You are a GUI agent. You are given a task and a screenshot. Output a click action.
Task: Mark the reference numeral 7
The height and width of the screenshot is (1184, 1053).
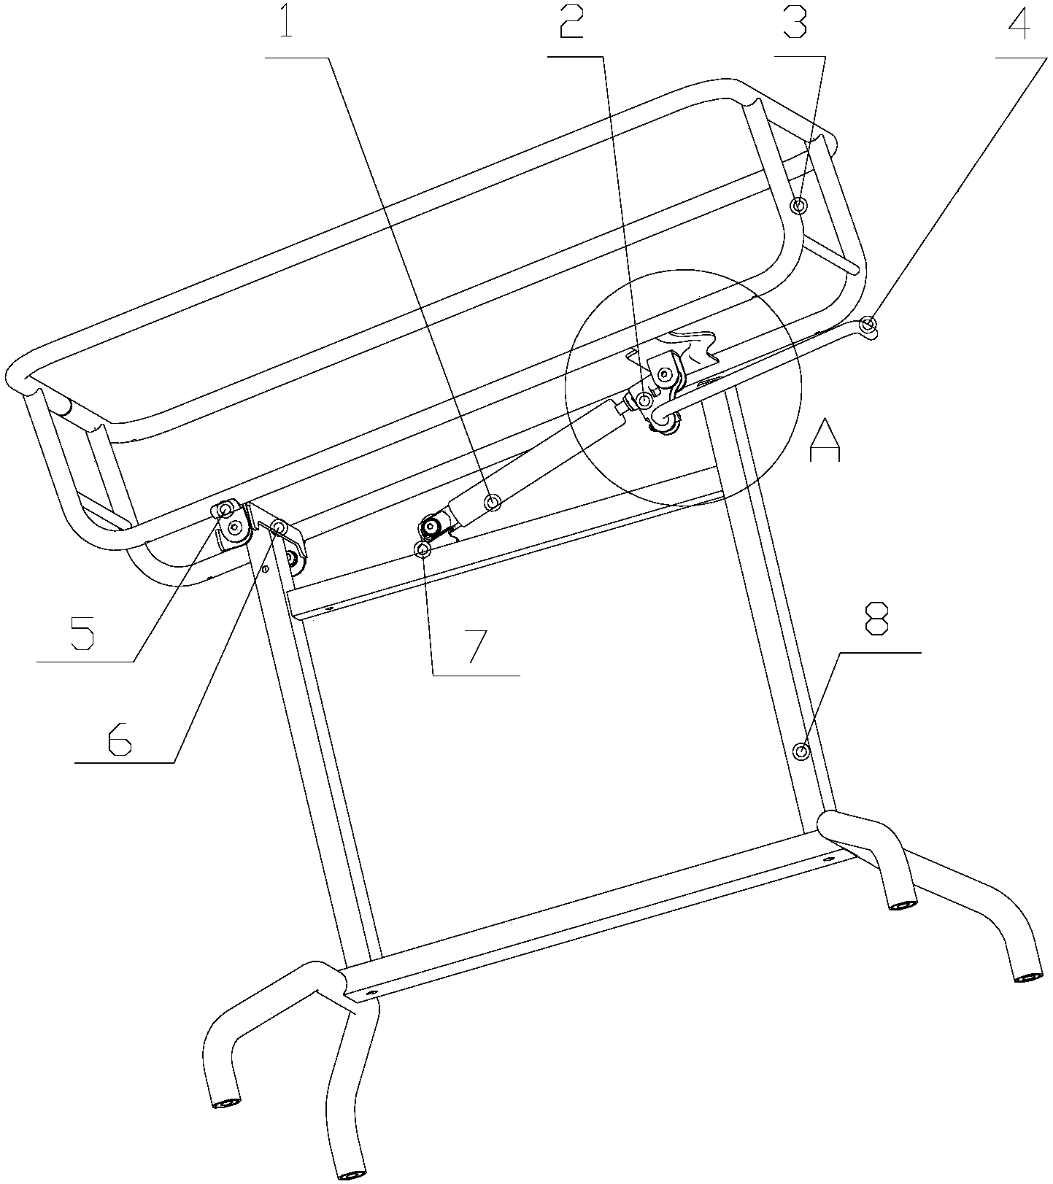click(x=474, y=644)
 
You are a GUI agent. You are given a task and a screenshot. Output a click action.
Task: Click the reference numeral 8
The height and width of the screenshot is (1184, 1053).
click(x=876, y=619)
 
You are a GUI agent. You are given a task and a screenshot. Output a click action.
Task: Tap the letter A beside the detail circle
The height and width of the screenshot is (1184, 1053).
click(x=825, y=440)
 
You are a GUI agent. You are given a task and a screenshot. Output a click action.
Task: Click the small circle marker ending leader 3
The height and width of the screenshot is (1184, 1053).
click(x=800, y=206)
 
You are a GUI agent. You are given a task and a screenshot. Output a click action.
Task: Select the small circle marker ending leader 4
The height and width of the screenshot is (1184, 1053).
click(x=868, y=325)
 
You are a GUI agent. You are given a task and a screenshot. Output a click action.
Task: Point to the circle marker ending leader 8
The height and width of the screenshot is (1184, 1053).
click(x=801, y=751)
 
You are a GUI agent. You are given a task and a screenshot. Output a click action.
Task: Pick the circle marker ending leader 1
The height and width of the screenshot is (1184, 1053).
click(x=493, y=503)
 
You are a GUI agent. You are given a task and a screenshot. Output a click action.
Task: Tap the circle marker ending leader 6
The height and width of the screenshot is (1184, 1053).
click(x=278, y=527)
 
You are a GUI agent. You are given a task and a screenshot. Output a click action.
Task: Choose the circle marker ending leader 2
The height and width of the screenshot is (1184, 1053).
click(x=645, y=401)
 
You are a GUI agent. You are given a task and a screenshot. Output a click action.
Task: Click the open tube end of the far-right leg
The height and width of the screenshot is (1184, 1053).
click(x=1029, y=978)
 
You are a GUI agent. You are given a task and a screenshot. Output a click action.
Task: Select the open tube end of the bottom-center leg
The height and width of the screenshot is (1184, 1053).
click(x=351, y=1175)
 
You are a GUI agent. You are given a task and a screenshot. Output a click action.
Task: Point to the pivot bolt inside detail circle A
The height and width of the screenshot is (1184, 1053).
click(x=665, y=375)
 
